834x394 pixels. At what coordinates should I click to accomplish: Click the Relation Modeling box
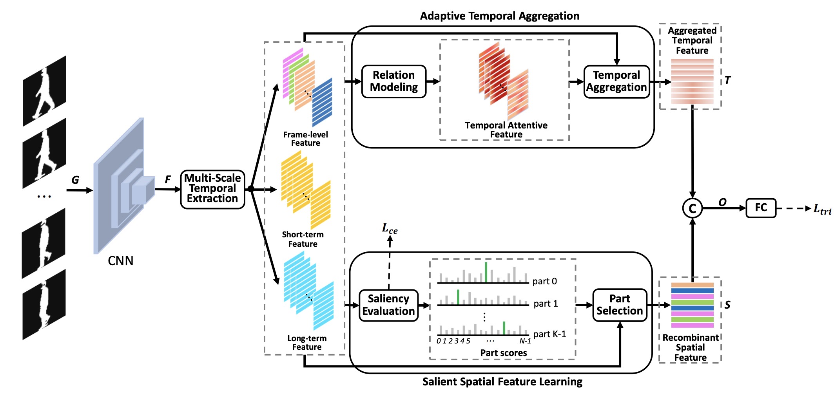(393, 81)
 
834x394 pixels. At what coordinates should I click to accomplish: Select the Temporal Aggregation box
(616, 81)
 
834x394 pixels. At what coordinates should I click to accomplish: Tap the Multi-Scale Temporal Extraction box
(212, 189)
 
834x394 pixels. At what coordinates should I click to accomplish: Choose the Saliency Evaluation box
(388, 305)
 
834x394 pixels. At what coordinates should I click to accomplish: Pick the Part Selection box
(620, 305)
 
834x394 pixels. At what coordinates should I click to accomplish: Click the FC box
(761, 208)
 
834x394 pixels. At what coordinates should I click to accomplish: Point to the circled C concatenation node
(692, 208)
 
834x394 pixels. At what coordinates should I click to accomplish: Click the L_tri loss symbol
(822, 209)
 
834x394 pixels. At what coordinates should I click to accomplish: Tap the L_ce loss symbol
(390, 229)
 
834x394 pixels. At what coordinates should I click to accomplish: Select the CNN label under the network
(120, 261)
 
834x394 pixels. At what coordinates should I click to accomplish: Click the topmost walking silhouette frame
(44, 91)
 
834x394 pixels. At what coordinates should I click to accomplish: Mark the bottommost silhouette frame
(44, 304)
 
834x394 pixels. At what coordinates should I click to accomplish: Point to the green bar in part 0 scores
(486, 272)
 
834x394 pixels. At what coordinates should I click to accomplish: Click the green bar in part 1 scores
(458, 297)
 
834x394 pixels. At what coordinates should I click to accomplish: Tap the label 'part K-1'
(549, 334)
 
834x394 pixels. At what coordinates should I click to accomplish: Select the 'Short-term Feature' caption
(303, 239)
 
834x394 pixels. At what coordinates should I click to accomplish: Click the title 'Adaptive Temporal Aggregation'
(499, 16)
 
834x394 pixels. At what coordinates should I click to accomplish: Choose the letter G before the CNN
(75, 180)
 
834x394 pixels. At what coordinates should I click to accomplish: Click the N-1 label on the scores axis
(525, 341)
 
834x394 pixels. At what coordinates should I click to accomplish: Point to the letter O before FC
(722, 202)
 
